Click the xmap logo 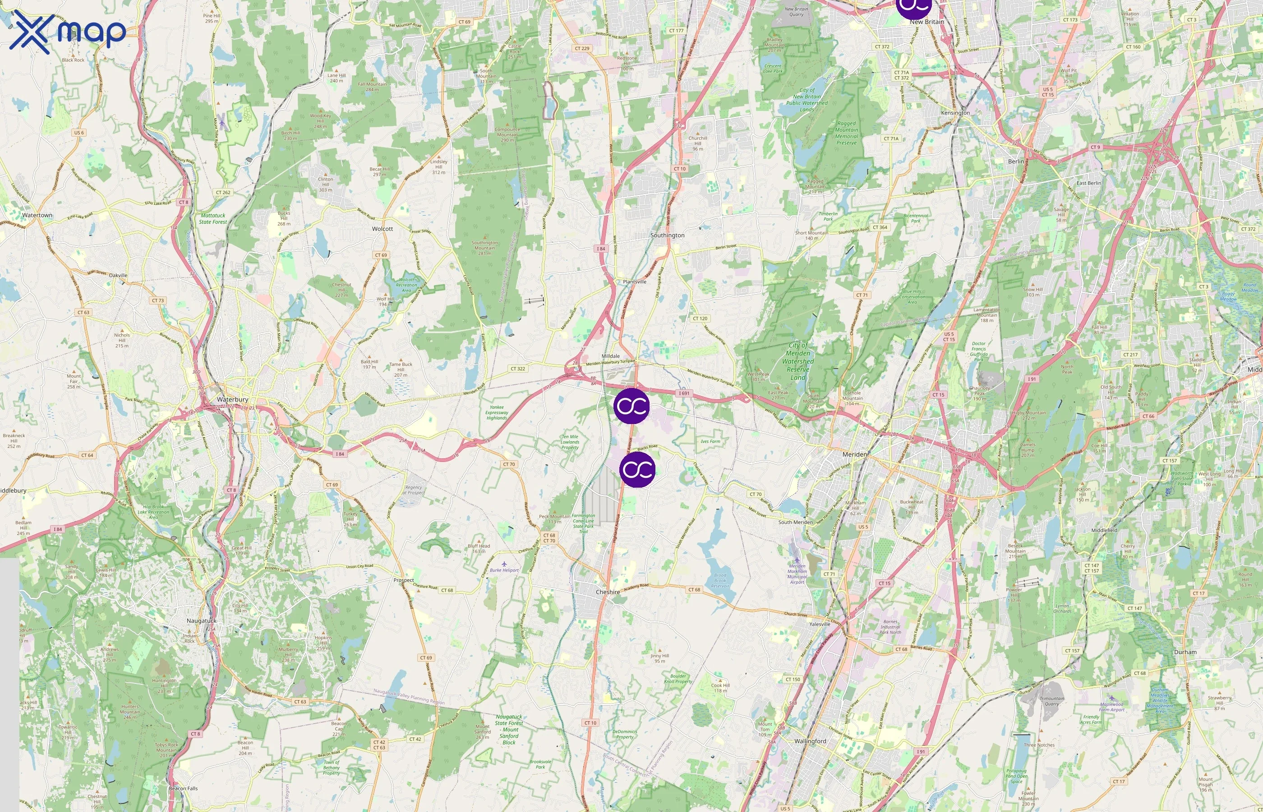(x=68, y=32)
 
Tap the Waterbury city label (x=232, y=399)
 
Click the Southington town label (x=667, y=235)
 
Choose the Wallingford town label (x=810, y=741)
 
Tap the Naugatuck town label (x=201, y=621)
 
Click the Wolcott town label (x=382, y=229)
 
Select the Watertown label (x=37, y=215)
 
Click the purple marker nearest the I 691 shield (x=631, y=406)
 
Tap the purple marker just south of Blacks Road (x=637, y=469)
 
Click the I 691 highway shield (x=684, y=393)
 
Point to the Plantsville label (x=634, y=281)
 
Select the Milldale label (x=610, y=356)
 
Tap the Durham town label (x=1185, y=652)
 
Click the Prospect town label (x=404, y=580)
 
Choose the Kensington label (x=955, y=112)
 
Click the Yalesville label (x=819, y=624)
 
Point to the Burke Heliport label (x=504, y=570)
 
